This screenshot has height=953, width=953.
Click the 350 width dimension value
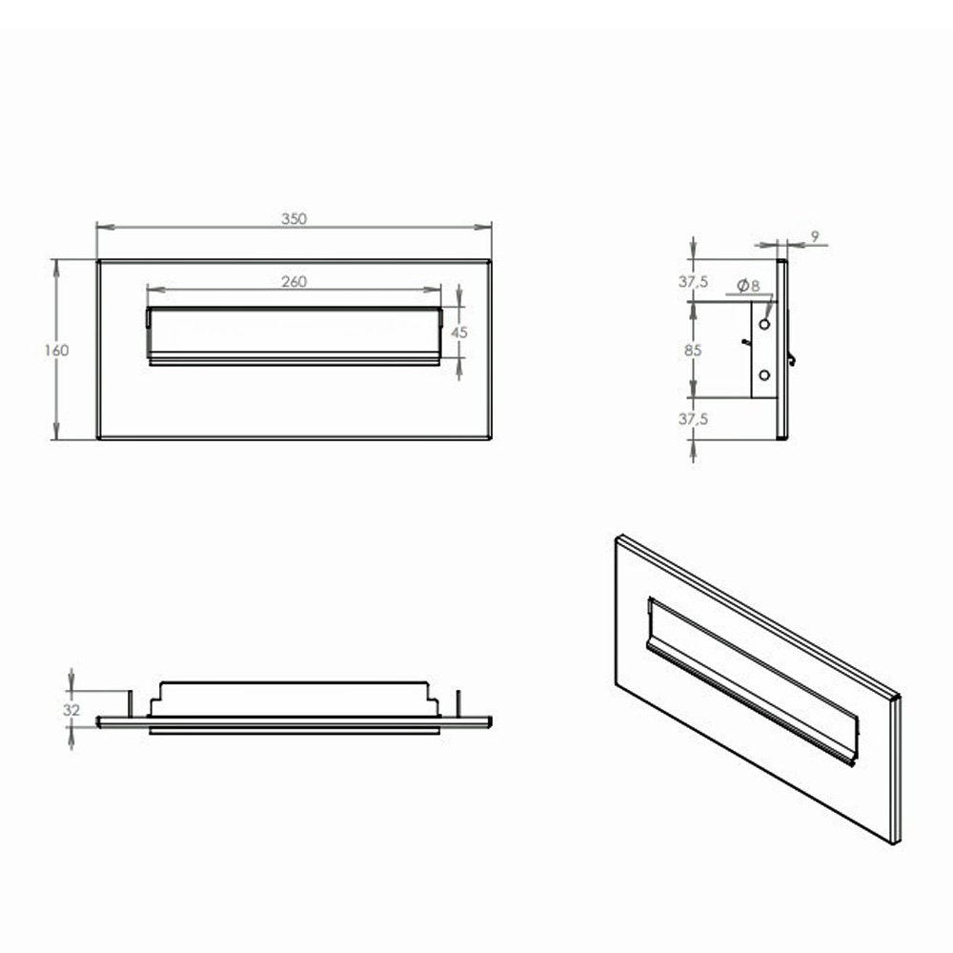(294, 218)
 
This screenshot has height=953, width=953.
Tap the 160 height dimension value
(56, 350)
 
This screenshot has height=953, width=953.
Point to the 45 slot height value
(458, 333)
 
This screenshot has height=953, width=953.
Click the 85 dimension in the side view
(693, 350)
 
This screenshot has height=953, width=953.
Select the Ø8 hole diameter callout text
(747, 284)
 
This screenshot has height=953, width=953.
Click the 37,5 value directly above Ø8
(693, 281)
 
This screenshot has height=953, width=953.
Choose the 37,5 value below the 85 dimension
(693, 418)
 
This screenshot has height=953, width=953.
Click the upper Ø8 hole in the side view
(763, 324)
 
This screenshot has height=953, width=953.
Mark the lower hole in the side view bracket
(763, 375)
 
